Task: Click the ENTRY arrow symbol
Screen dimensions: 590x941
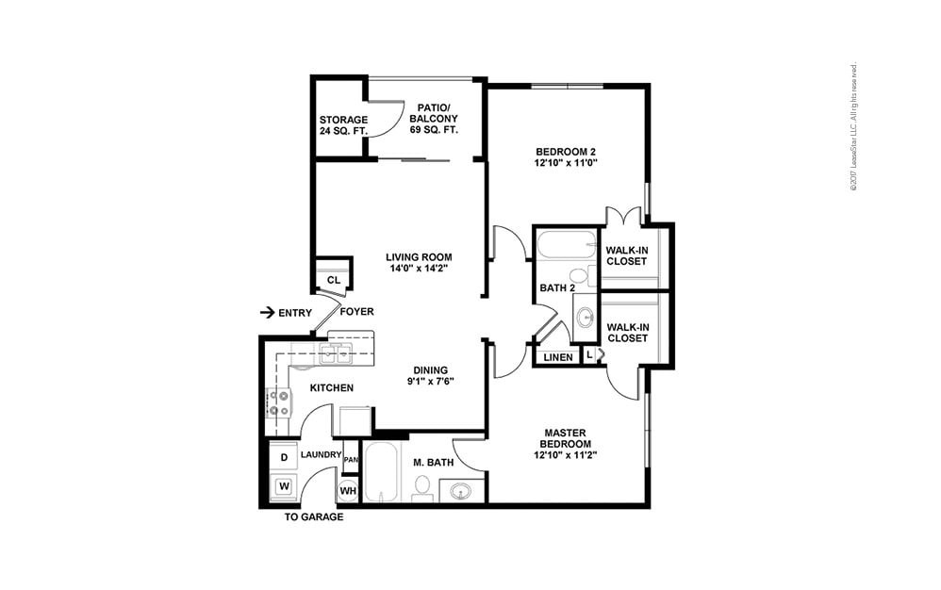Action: [x=267, y=312]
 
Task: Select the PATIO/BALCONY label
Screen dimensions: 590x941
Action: [x=433, y=119]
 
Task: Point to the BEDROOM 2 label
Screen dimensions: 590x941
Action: [x=566, y=156]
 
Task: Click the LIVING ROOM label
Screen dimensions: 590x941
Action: [x=419, y=262]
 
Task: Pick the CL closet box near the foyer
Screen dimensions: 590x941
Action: [x=333, y=280]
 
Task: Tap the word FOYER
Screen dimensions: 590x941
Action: [x=357, y=312]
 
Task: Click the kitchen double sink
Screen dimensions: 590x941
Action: [x=334, y=354]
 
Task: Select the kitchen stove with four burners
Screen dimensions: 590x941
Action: [x=279, y=403]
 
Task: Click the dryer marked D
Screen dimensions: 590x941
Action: [x=284, y=457]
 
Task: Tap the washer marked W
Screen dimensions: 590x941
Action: [x=284, y=487]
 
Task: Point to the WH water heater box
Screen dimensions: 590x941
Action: [x=348, y=490]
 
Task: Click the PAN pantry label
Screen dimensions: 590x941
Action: [x=351, y=459]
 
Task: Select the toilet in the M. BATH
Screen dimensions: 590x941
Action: [x=422, y=487]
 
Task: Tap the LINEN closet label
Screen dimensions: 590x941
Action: [x=557, y=357]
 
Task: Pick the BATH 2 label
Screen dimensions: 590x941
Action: [x=557, y=288]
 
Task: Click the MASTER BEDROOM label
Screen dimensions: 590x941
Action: [x=566, y=444]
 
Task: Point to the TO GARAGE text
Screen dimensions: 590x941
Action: [x=314, y=517]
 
